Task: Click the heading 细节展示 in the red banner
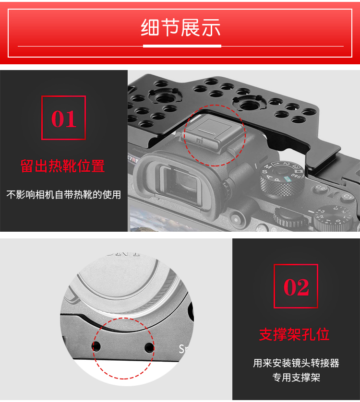tap(180, 27)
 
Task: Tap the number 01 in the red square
tap(64, 118)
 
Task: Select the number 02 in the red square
tap(296, 287)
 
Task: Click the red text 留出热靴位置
tap(62, 166)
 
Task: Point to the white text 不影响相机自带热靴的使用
tap(64, 195)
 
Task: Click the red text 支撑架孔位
tap(294, 334)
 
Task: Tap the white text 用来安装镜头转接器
tap(296, 363)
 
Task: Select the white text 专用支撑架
tap(296, 378)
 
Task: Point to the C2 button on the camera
tap(321, 189)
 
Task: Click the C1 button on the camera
tap(348, 197)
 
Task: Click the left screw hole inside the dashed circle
tap(96, 347)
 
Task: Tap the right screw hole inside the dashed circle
tap(149, 348)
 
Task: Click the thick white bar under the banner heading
tap(182, 46)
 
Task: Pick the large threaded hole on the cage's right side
tap(248, 105)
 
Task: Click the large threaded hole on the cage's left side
tap(164, 97)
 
